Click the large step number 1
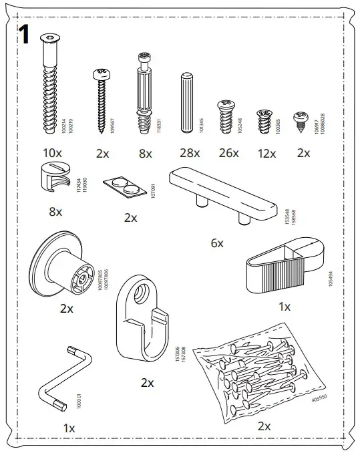[x=25, y=35]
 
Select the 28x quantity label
[x=190, y=153]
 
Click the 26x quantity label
[x=228, y=153]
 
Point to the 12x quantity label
[x=266, y=153]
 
